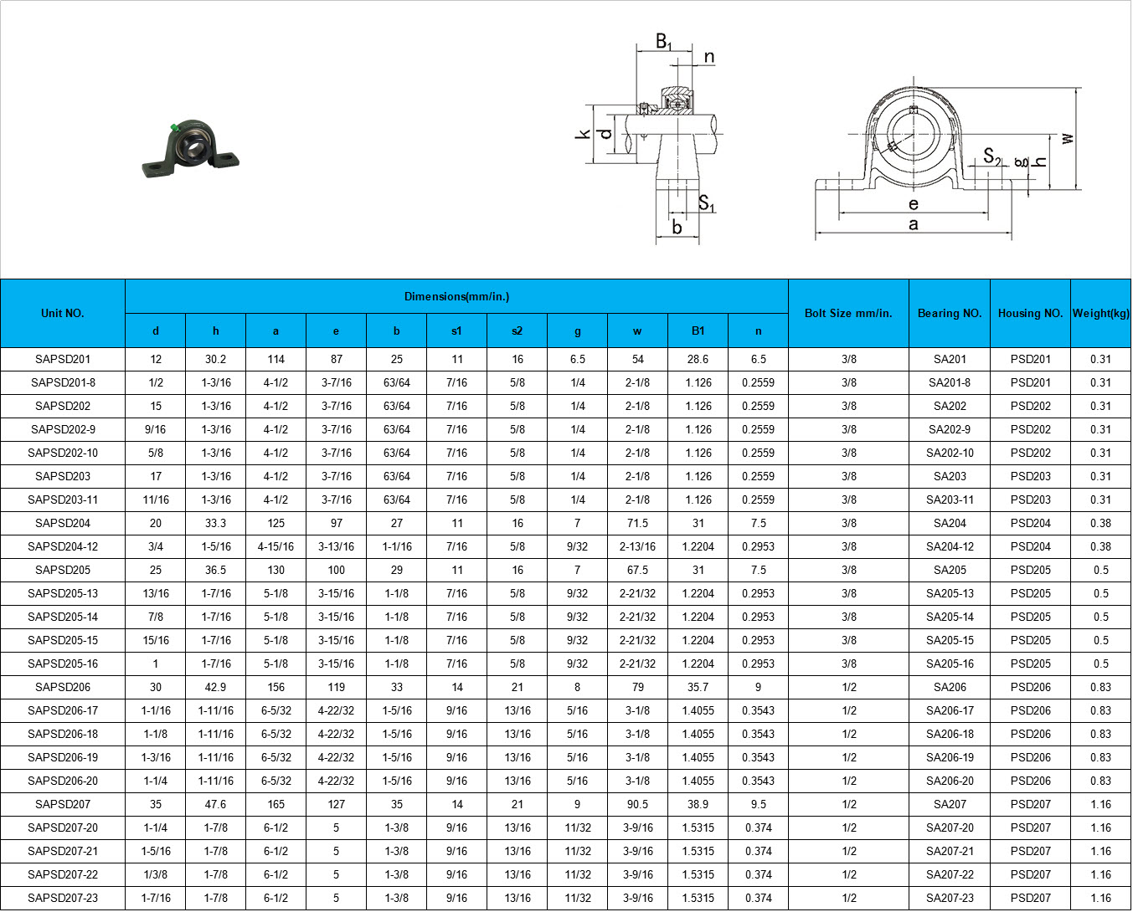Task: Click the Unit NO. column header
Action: [x=62, y=313]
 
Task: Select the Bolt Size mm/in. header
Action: [x=848, y=313]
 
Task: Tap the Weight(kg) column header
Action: [x=1100, y=313]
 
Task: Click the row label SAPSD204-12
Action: [x=63, y=546]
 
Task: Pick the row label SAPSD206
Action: [x=63, y=687]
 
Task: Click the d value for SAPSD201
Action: [x=155, y=360]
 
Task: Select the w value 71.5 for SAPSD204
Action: [x=637, y=524]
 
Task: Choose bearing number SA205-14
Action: [x=950, y=617]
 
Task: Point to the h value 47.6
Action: [x=215, y=804]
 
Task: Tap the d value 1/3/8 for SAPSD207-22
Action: [x=155, y=874]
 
